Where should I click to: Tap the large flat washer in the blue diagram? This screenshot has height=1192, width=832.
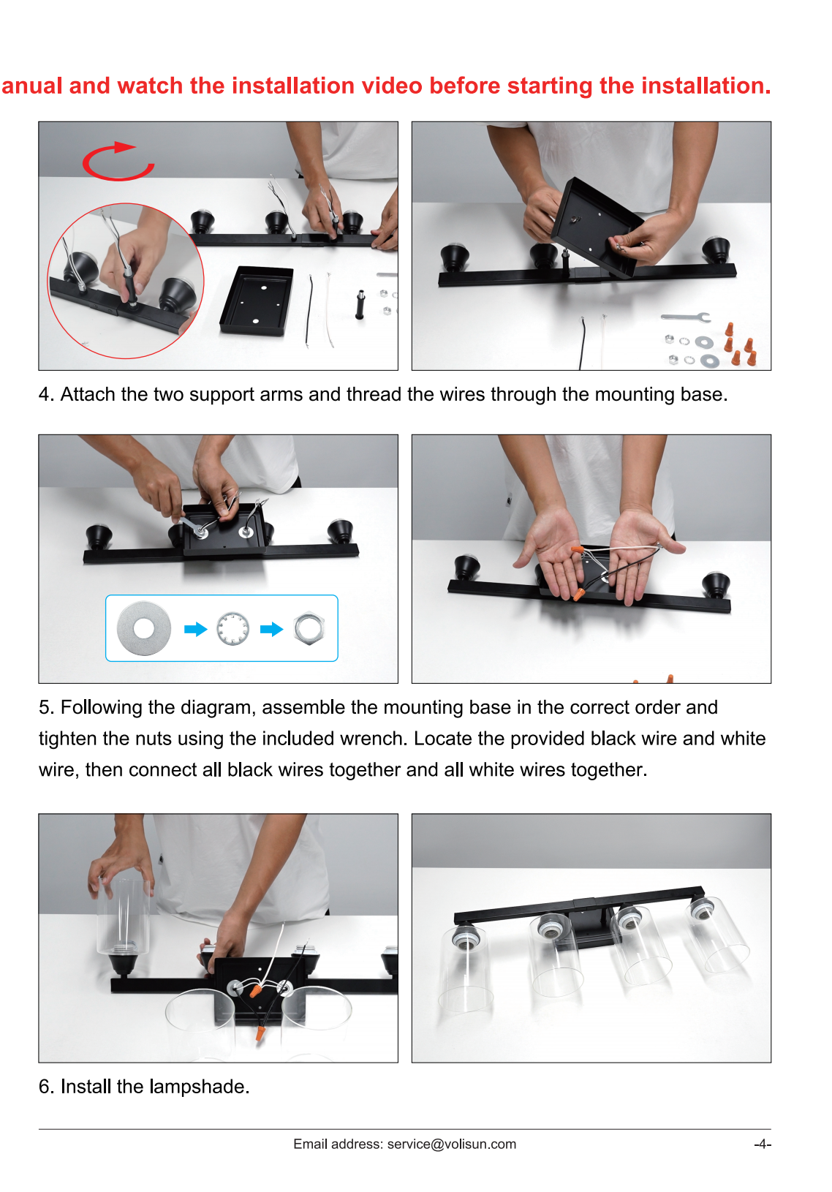point(143,628)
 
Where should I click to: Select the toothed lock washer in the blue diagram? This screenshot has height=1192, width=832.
point(233,629)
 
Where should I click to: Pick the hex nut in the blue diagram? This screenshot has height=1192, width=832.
point(309,629)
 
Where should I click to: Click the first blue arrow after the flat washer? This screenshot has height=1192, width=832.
point(195,629)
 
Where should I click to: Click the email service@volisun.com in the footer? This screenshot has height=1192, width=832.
point(451,1144)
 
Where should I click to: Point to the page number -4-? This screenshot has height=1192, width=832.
point(763,1144)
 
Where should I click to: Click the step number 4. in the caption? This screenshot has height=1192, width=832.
point(46,394)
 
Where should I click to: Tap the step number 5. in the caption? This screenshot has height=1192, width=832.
point(46,707)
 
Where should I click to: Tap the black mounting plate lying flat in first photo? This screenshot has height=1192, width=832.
point(257,301)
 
